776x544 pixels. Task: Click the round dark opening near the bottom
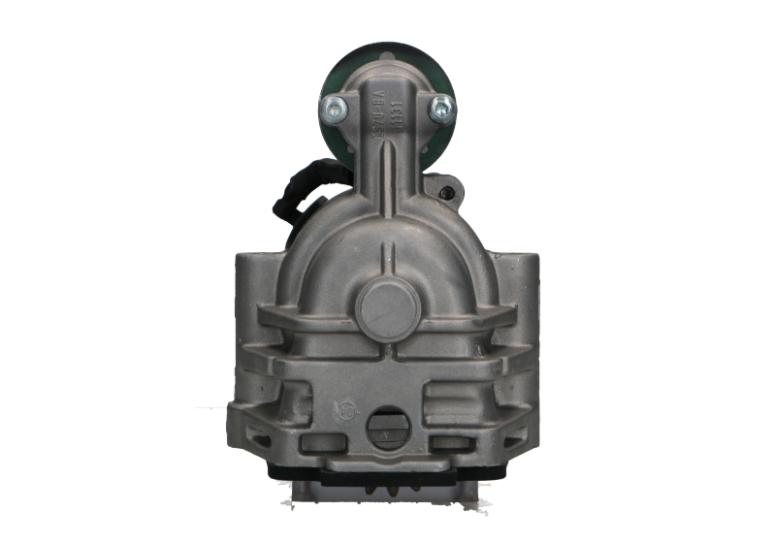pyautogui.click(x=387, y=427)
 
